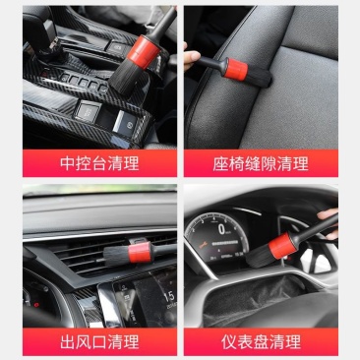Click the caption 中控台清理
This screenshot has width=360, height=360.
point(99,163)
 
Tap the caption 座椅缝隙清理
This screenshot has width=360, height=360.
point(261,163)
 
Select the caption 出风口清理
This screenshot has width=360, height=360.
point(99,341)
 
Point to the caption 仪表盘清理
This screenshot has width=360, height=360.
point(261,341)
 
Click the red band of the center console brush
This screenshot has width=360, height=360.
point(144,52)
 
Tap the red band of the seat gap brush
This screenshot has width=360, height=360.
point(236,69)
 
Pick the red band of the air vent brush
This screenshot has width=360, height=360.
point(140,252)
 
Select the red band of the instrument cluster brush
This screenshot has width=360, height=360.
point(280,245)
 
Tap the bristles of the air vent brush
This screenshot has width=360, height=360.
point(116,255)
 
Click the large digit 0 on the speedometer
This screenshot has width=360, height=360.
point(222,229)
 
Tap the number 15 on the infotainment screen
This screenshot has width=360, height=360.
point(169,296)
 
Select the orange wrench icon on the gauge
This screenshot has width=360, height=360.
point(199,244)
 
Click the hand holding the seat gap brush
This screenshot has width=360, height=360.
point(191,58)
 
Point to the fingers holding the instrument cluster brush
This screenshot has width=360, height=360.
point(329,223)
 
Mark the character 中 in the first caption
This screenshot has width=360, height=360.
point(68,163)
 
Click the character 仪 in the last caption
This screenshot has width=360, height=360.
point(229,341)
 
